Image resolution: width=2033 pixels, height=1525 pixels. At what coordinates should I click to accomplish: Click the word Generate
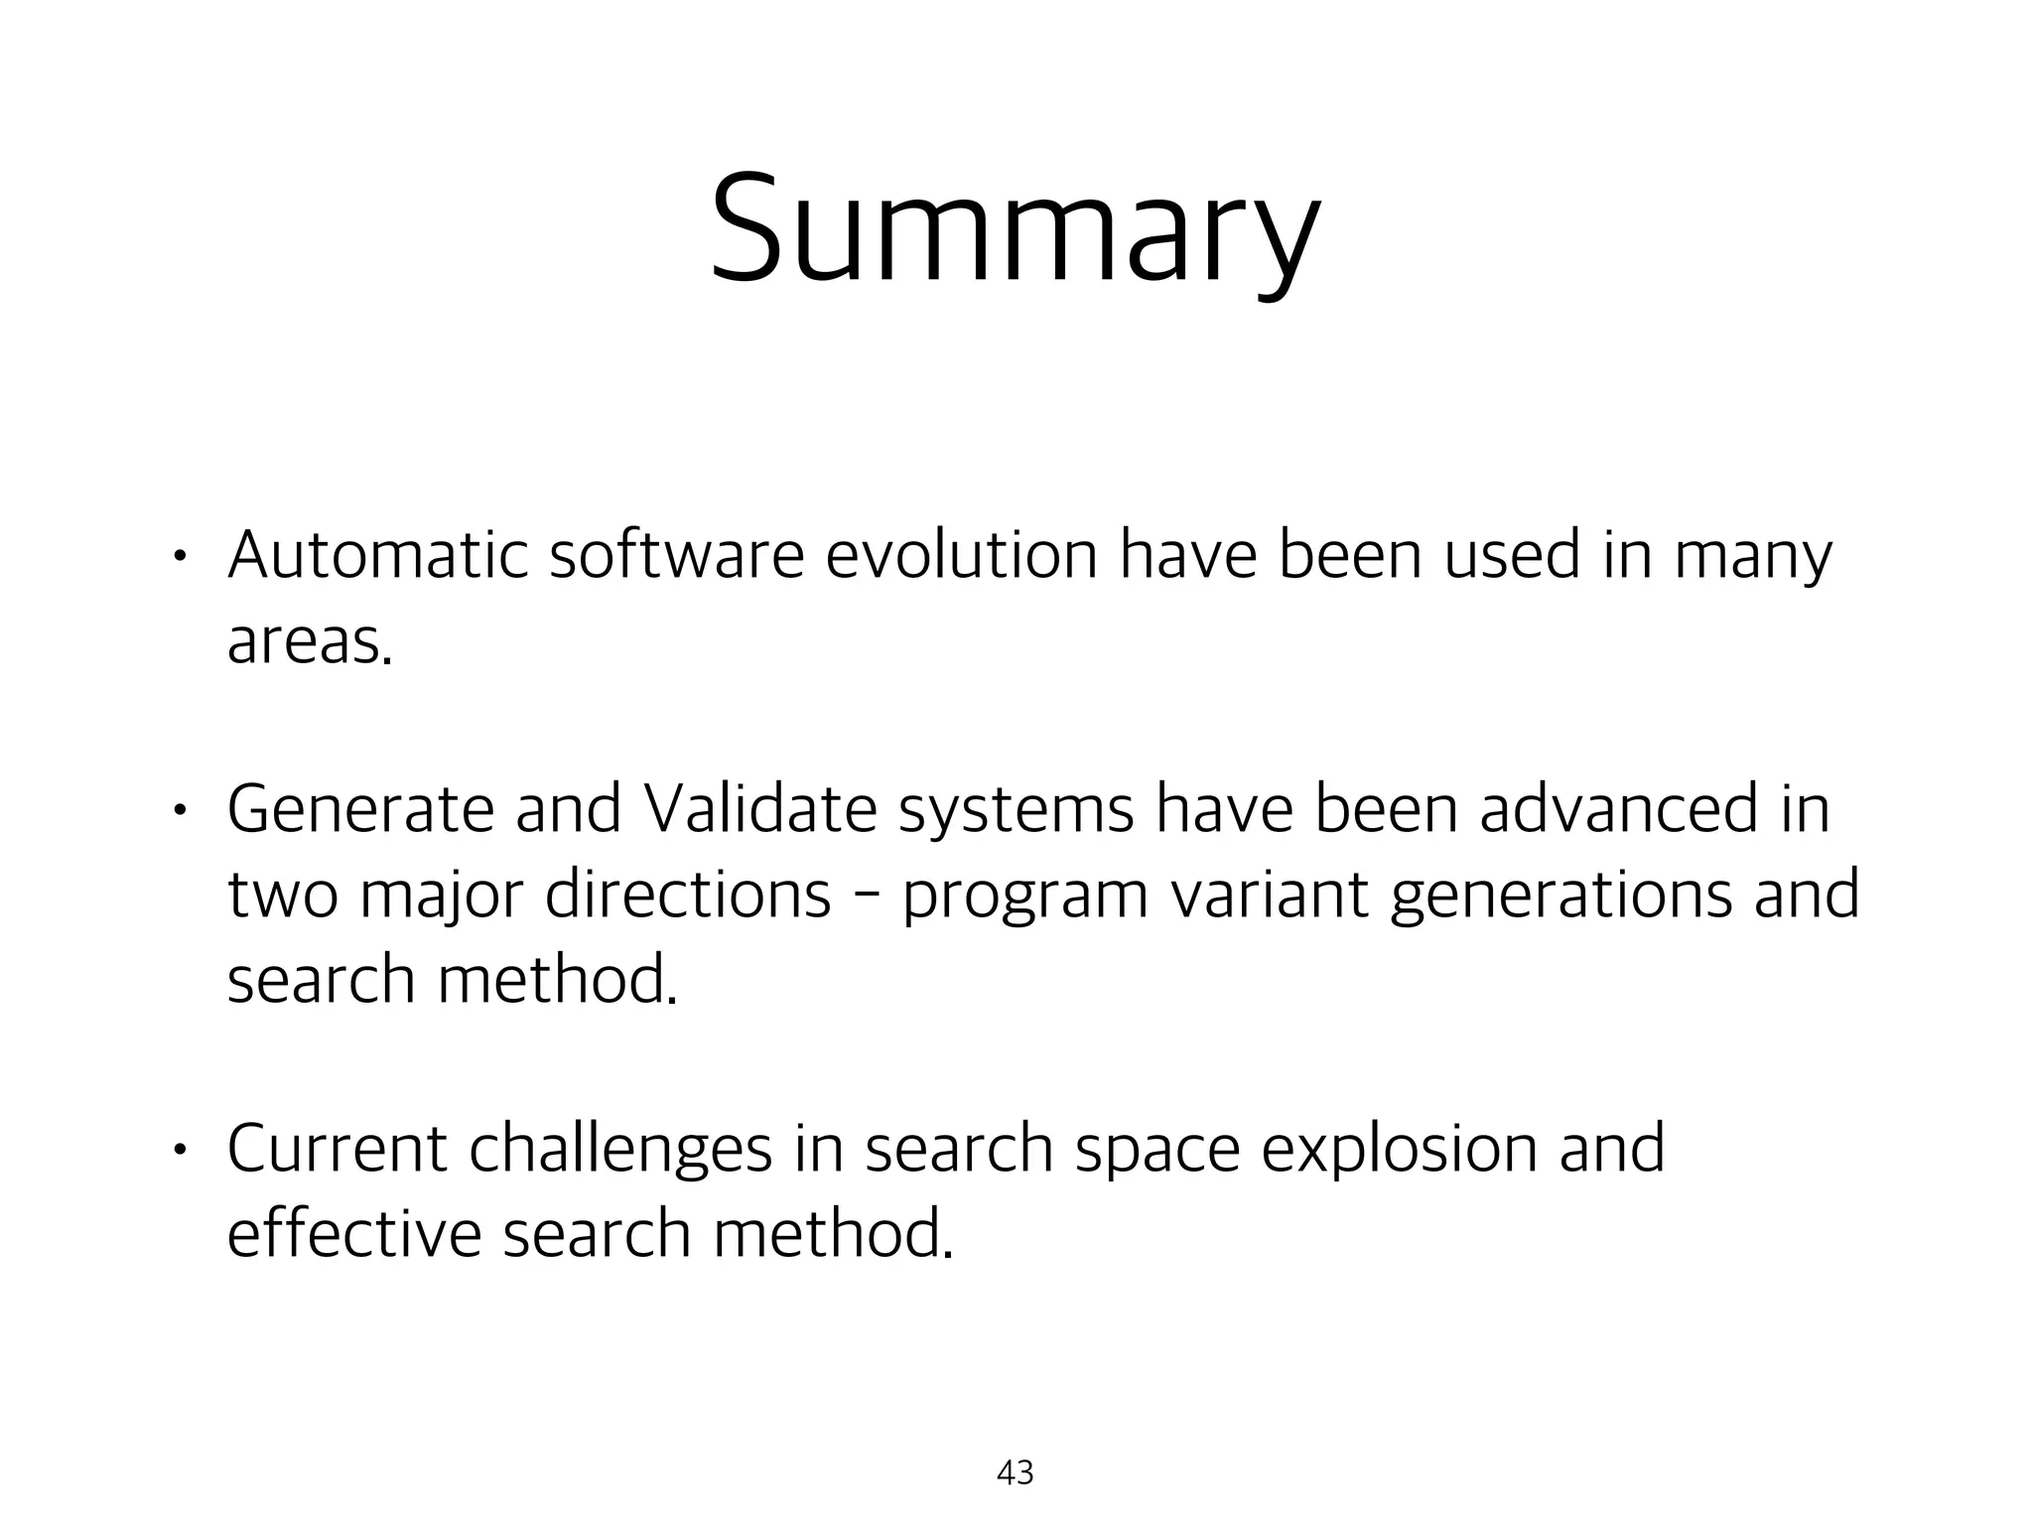tap(360, 808)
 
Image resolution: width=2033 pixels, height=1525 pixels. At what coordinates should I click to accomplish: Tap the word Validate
tap(761, 808)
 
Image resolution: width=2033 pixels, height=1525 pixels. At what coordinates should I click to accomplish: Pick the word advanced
tap(1619, 808)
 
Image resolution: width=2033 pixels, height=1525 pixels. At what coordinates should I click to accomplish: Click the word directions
tap(687, 894)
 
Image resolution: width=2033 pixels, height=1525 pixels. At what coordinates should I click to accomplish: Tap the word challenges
tap(620, 1150)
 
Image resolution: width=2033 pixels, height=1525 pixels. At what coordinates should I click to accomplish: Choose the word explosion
tap(1400, 1150)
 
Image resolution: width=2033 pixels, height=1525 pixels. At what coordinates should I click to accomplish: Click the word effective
tap(353, 1233)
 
